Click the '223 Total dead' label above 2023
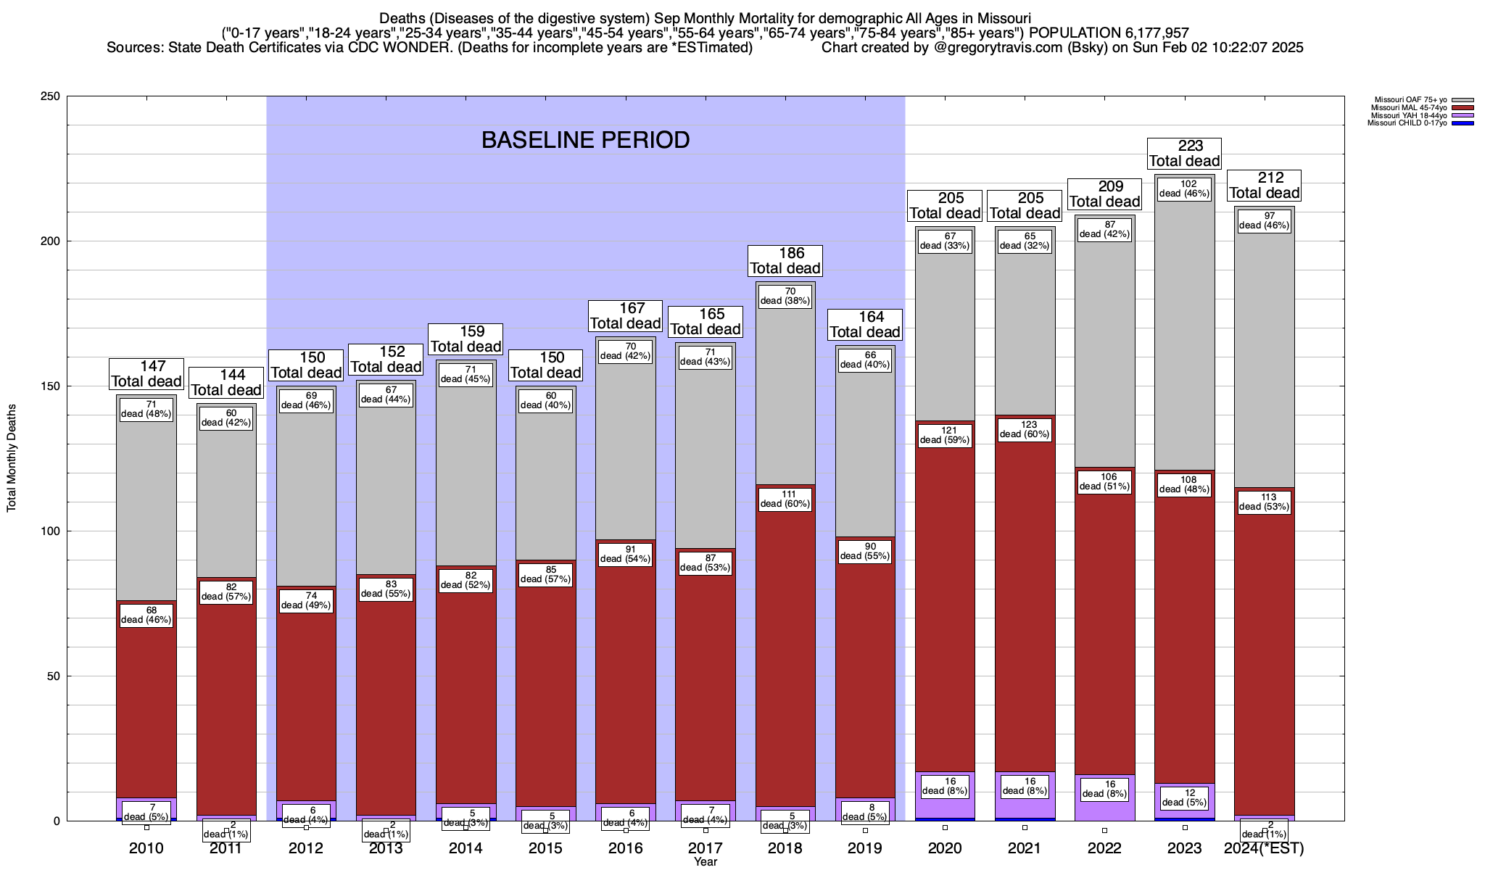coord(1185,154)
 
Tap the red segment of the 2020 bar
coord(945,616)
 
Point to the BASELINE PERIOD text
coord(586,140)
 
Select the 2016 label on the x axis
coord(625,848)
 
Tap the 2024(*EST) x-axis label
coord(1264,848)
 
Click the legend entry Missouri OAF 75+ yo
coord(1410,100)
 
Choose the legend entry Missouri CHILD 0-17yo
coord(1407,123)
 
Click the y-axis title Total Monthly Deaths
coord(12,458)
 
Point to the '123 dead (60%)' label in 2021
coord(1025,430)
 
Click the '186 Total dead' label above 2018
coord(785,261)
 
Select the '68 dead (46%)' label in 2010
coord(146,615)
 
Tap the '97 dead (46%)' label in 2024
coord(1264,220)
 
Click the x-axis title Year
coord(705,862)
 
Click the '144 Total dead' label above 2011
coord(226,383)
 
